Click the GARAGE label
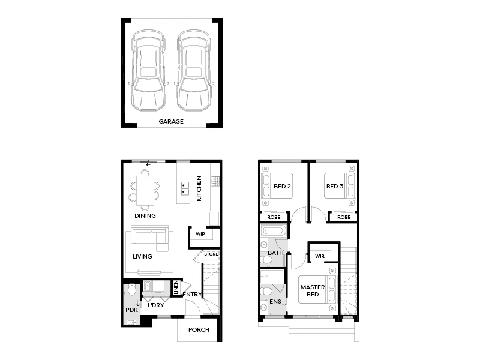171,121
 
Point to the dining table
145,187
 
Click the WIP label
200,235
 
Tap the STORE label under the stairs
211,254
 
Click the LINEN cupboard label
176,289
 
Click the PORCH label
199,329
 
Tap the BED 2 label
282,187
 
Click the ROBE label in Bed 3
344,217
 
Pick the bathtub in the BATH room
275,230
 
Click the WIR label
319,257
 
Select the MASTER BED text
313,290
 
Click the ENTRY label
192,294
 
